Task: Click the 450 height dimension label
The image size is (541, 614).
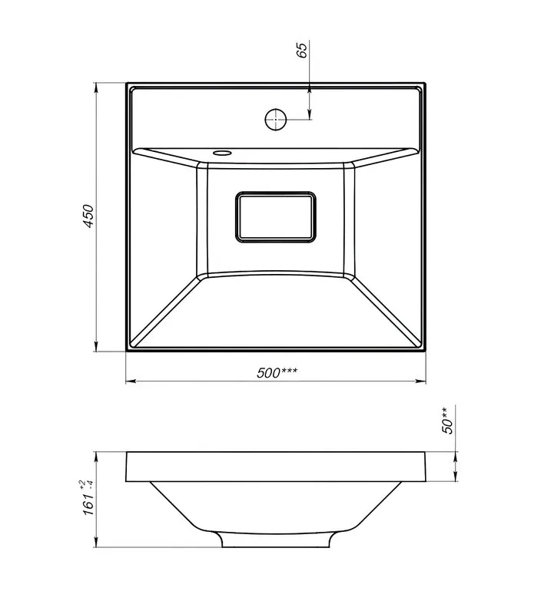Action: pyautogui.click(x=88, y=216)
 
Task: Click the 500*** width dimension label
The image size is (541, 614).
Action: pyautogui.click(x=277, y=372)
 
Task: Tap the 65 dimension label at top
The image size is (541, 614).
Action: pyautogui.click(x=302, y=50)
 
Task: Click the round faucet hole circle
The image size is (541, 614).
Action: pyautogui.click(x=276, y=120)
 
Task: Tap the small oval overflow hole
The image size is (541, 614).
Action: pyautogui.click(x=223, y=152)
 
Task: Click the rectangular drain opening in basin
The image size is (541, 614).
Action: pyautogui.click(x=276, y=217)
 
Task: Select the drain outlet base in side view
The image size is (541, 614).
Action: pyautogui.click(x=276, y=540)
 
